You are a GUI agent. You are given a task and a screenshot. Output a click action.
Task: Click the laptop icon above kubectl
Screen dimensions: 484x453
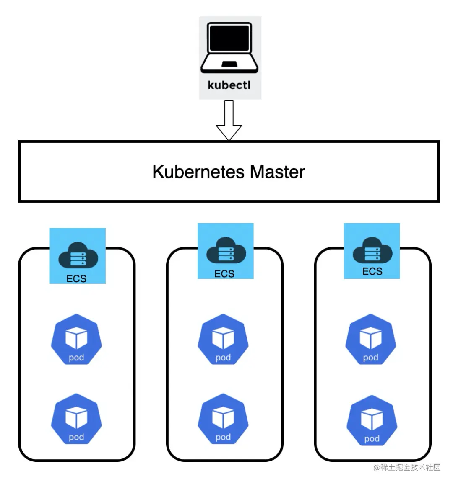(229, 48)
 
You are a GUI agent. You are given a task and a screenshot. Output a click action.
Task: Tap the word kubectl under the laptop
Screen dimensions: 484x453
(229, 85)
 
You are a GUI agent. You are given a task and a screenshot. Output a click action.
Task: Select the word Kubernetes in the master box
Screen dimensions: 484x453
(198, 172)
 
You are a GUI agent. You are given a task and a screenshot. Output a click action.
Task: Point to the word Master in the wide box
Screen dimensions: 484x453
(277, 172)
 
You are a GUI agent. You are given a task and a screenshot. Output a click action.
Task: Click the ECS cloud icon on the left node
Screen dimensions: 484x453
(78, 253)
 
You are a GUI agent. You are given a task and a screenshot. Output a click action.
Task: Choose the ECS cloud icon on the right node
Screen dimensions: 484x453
(372, 250)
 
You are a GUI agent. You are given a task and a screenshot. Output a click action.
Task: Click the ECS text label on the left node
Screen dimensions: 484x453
(76, 279)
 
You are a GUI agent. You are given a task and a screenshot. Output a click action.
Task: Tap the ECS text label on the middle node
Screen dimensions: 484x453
(224, 274)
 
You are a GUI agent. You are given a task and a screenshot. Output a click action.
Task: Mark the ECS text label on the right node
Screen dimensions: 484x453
(372, 272)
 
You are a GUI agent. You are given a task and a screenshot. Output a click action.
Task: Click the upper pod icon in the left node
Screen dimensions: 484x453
(76, 339)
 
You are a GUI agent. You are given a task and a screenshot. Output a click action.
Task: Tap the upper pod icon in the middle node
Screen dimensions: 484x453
(223, 339)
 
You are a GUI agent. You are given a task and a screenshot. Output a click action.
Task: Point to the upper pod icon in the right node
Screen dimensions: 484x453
(371, 339)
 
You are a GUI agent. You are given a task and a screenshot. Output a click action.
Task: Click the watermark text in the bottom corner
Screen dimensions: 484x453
(407, 468)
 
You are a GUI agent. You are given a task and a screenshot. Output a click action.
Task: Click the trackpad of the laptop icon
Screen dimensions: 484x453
(229, 64)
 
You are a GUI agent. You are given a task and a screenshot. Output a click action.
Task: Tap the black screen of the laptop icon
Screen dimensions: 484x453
(229, 39)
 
